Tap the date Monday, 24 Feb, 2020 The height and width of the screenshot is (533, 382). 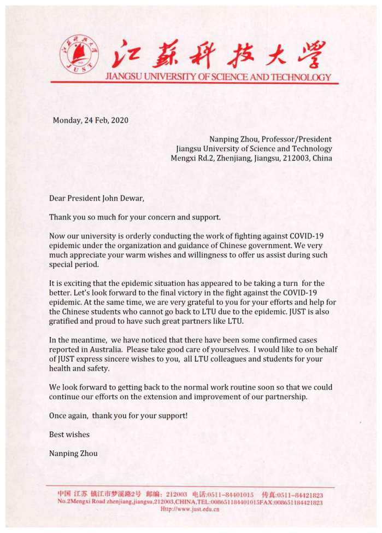pyautogui.click(x=91, y=120)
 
